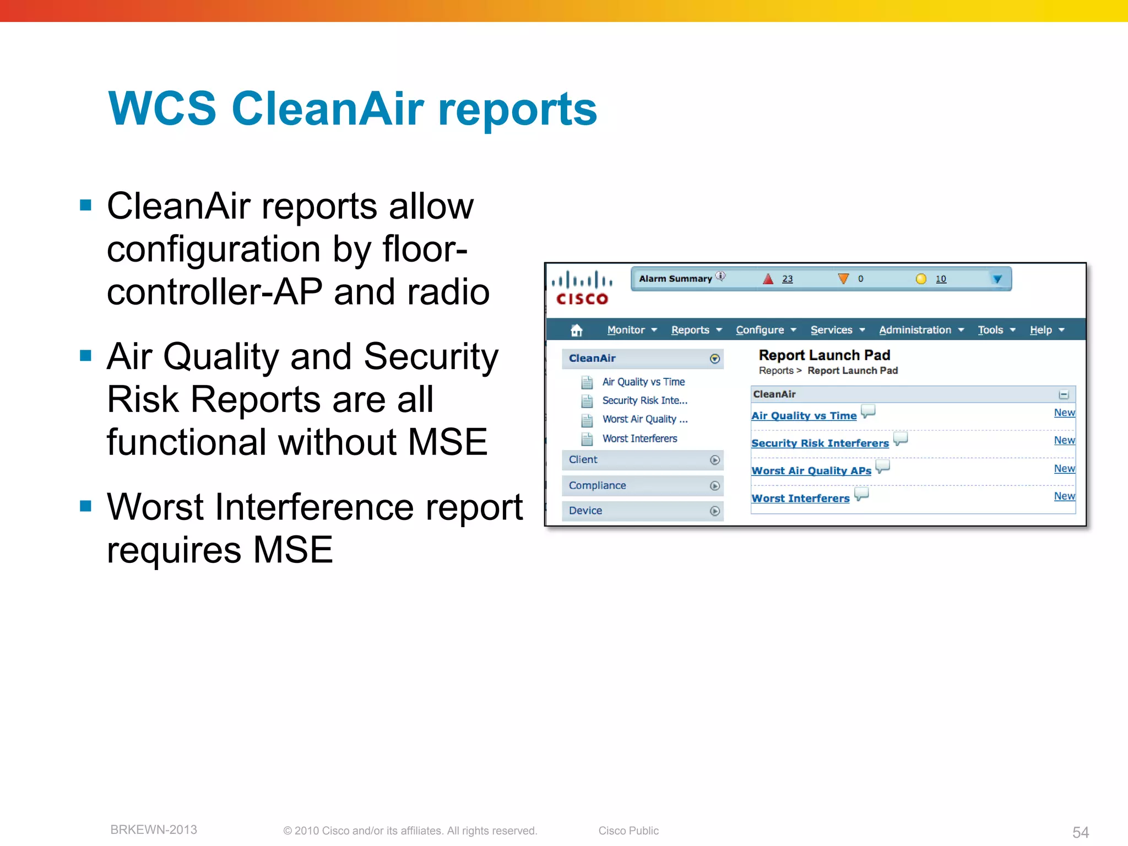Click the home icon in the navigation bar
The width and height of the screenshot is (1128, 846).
tap(576, 330)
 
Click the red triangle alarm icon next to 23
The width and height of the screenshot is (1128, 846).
tap(768, 279)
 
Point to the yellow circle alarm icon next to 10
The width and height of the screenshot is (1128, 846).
tap(920, 279)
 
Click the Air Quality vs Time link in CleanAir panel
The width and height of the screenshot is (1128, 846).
tap(804, 416)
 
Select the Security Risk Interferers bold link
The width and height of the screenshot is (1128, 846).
tap(820, 443)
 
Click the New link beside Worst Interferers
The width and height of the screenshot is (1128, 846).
tap(1064, 496)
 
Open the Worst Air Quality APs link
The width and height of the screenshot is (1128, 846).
tap(811, 471)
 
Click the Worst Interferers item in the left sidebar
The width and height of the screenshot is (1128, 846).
tap(639, 439)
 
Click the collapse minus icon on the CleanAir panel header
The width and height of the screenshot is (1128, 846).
tap(1064, 395)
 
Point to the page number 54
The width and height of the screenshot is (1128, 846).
tap(1080, 832)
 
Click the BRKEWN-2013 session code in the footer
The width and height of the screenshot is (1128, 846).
tap(154, 830)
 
